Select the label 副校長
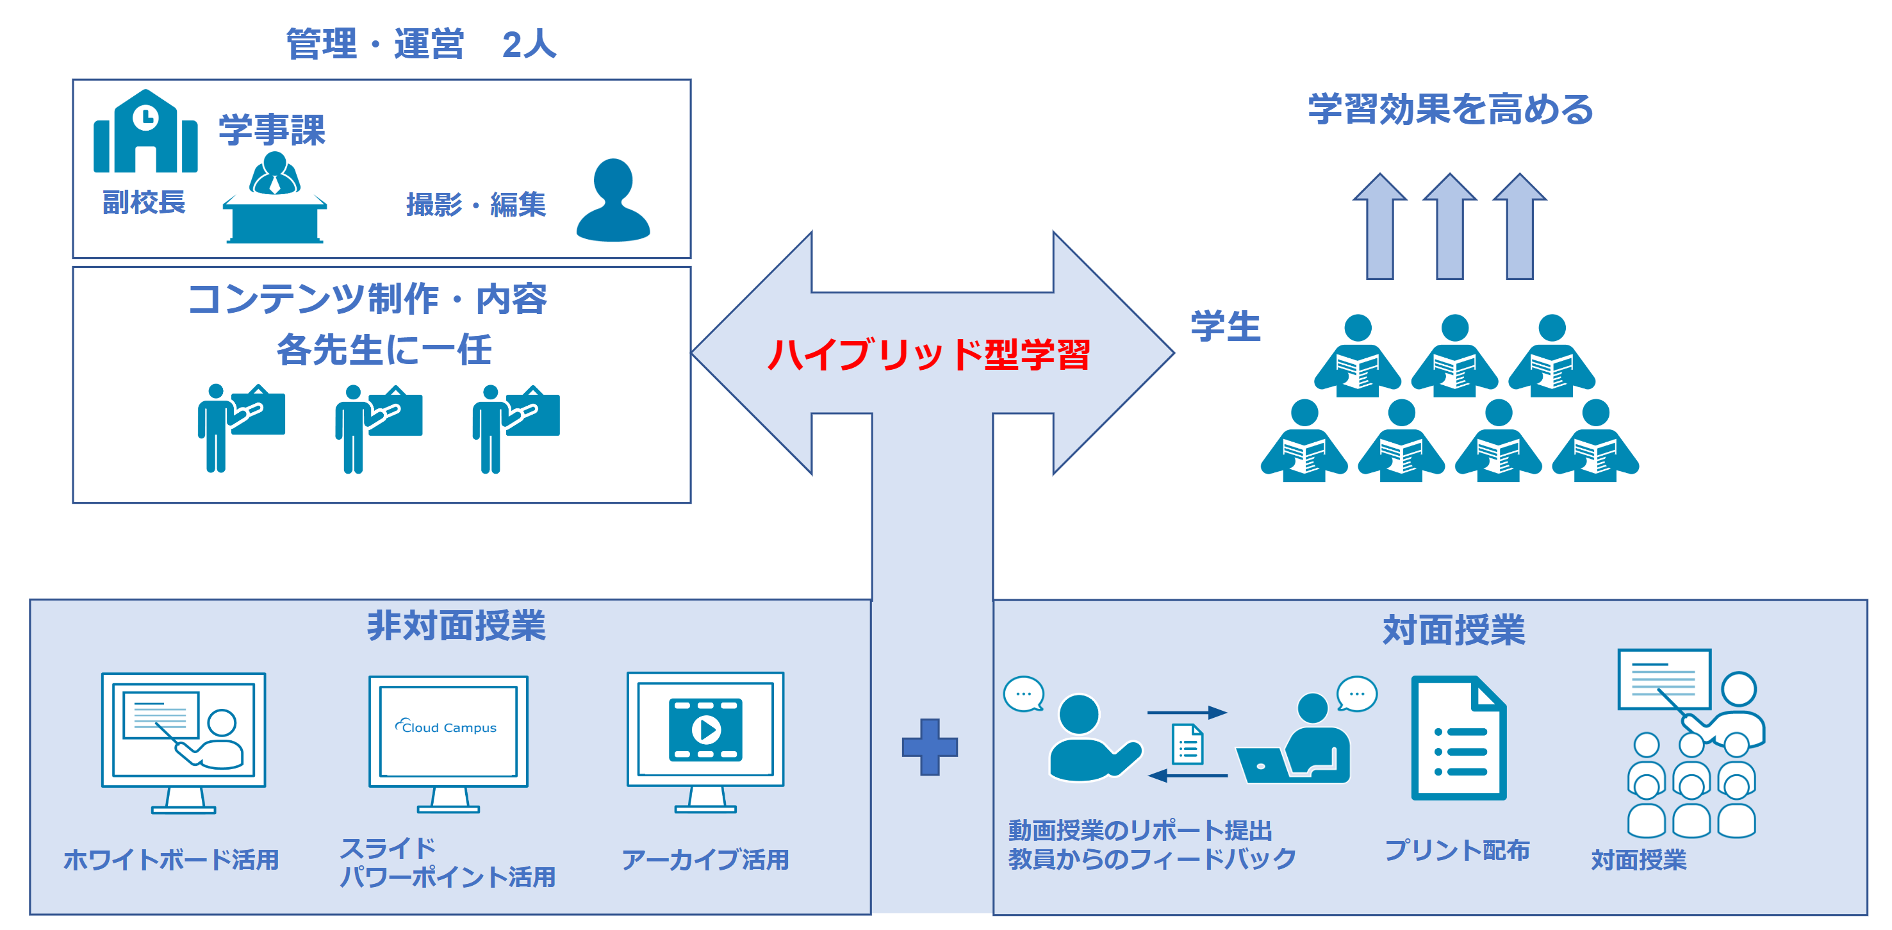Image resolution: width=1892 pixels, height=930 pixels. tap(144, 202)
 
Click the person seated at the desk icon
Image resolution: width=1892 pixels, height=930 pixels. tap(275, 197)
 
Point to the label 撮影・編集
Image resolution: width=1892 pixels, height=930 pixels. tap(476, 204)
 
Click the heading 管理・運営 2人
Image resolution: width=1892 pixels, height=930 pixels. tap(421, 44)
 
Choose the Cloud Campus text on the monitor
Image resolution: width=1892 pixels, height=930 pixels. tap(446, 727)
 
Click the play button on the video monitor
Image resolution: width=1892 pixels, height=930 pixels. tap(706, 729)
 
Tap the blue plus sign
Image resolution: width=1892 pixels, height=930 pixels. tap(930, 747)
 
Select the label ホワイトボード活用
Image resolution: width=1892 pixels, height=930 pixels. tap(171, 859)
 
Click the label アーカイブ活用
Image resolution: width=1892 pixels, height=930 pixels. tap(705, 859)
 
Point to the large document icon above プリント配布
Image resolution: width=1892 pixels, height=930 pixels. tap(1459, 738)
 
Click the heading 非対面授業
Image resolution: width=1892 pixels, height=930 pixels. tap(456, 626)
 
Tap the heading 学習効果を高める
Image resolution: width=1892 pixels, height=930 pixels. tap(1451, 110)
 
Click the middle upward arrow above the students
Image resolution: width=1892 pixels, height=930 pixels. tap(1450, 226)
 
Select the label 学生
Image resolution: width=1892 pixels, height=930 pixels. tap(1226, 326)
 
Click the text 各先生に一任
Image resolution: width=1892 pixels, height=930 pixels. tap(383, 350)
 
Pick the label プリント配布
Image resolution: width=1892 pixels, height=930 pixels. tap(1457, 850)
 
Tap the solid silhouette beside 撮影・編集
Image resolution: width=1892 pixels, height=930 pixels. tap(613, 200)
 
